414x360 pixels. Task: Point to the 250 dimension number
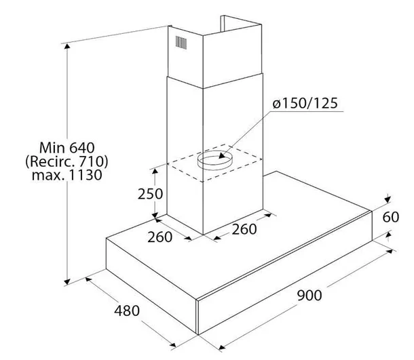coord(151,193)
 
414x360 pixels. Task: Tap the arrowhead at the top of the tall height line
coord(67,54)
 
